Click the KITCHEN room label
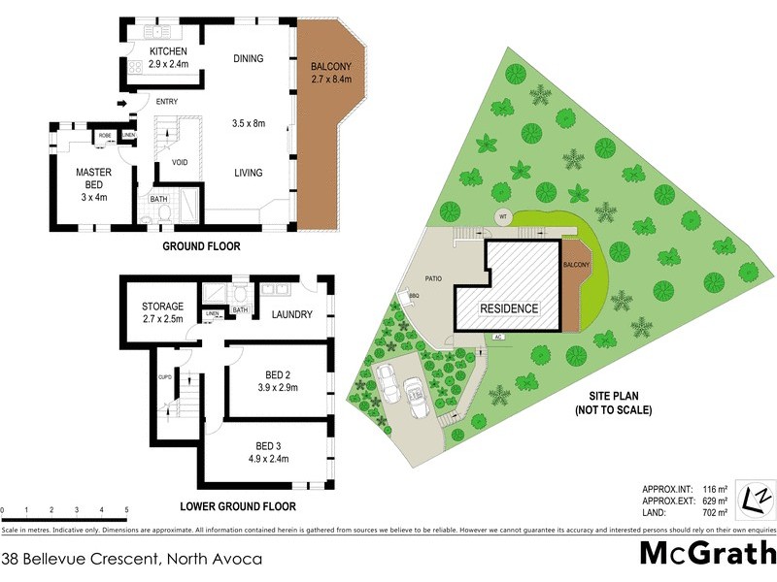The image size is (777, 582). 168,51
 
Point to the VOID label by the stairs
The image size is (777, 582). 180,162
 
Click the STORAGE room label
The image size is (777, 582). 162,307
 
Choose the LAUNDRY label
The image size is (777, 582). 291,314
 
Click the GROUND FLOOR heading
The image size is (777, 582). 200,246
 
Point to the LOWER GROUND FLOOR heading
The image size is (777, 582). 238,506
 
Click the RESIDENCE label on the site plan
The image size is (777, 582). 510,308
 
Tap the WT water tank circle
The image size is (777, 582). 502,216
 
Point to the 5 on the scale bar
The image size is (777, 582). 127,509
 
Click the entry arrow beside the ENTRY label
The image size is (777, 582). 121,103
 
